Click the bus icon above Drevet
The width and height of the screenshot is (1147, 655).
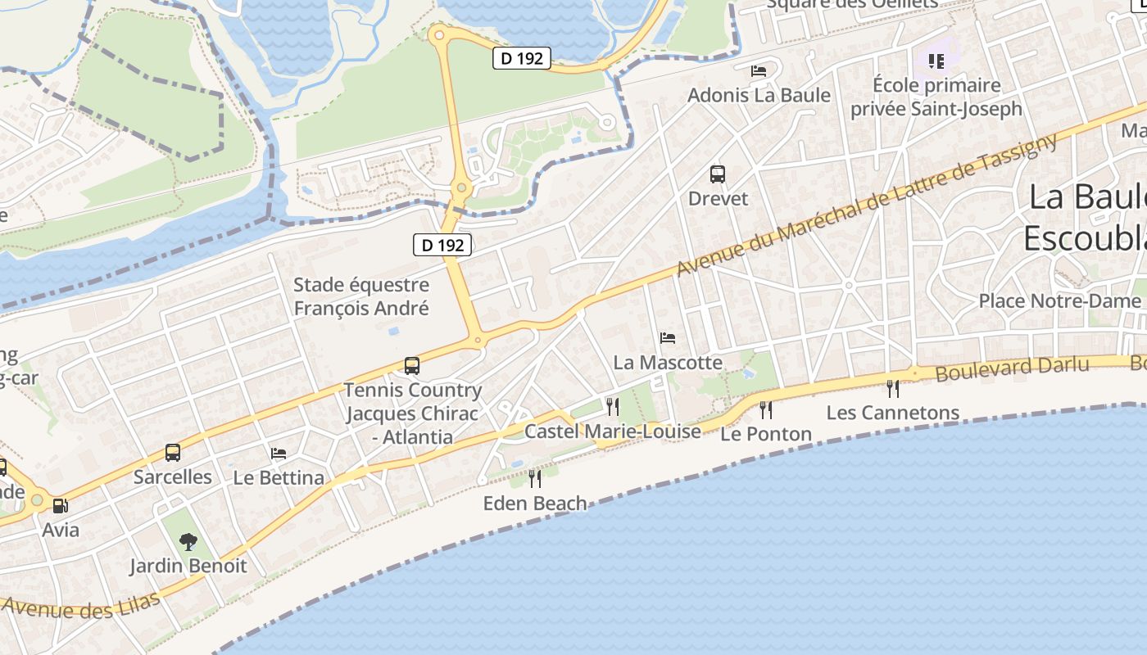[718, 174]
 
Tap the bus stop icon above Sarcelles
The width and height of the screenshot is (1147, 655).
[173, 452]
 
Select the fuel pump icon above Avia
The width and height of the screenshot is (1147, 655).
[60, 506]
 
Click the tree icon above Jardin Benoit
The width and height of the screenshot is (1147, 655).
[188, 541]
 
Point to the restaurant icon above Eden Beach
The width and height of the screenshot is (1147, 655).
[535, 478]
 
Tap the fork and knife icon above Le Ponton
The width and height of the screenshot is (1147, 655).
[766, 409]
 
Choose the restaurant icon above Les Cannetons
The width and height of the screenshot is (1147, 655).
[893, 388]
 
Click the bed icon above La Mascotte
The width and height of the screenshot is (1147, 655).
[668, 337]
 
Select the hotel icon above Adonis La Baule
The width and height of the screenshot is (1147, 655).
[759, 71]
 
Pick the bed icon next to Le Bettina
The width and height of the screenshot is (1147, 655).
[279, 453]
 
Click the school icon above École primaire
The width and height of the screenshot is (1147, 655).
[936, 61]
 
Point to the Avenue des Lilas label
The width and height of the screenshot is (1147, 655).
[80, 607]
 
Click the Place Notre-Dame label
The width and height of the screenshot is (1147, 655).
[1059, 300]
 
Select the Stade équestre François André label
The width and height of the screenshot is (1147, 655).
[361, 296]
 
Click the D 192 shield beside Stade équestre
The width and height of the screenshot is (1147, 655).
[442, 244]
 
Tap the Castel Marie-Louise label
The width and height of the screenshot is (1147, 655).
[613, 431]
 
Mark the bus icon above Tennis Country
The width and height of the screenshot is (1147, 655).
[412, 366]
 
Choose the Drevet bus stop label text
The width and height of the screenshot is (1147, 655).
[719, 198]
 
